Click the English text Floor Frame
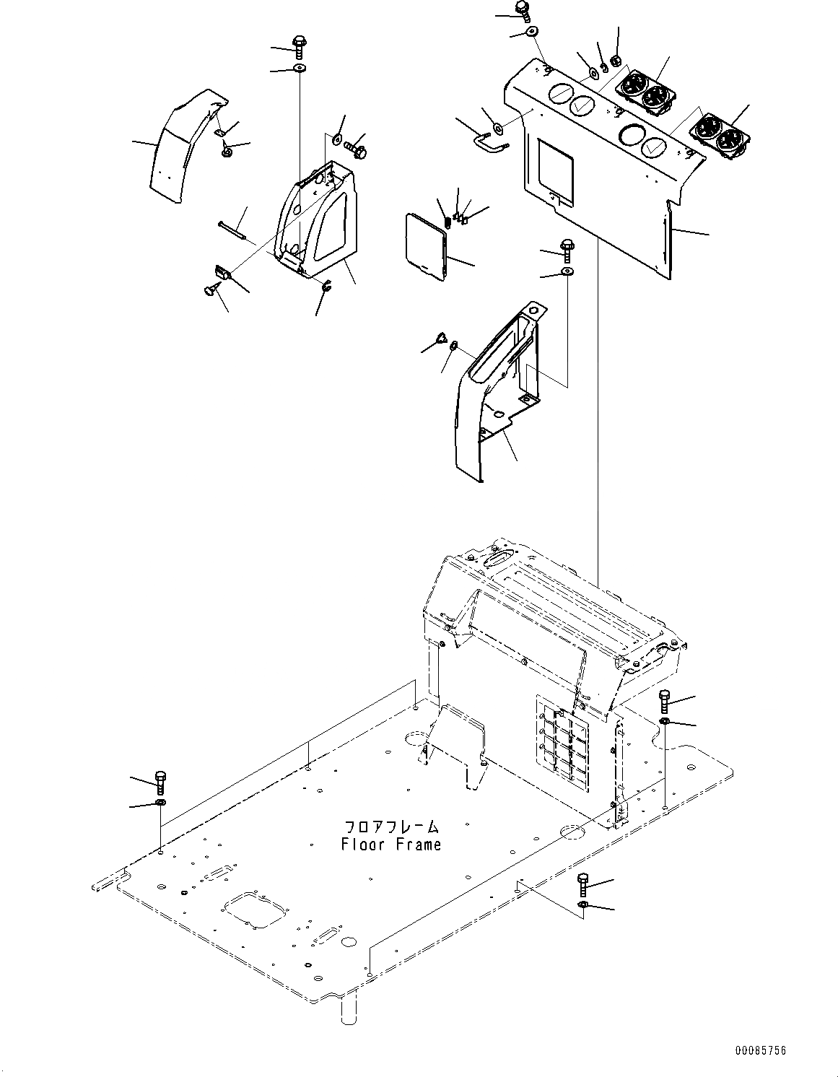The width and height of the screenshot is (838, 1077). [x=390, y=844]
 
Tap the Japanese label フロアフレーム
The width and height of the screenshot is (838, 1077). [x=390, y=827]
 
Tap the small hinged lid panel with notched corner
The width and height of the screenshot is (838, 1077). [x=427, y=245]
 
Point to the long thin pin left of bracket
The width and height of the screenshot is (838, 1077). [x=232, y=229]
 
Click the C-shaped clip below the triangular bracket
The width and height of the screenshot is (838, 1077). [x=326, y=287]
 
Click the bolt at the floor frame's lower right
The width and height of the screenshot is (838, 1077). [x=582, y=884]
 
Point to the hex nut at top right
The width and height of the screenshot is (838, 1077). [x=616, y=61]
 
